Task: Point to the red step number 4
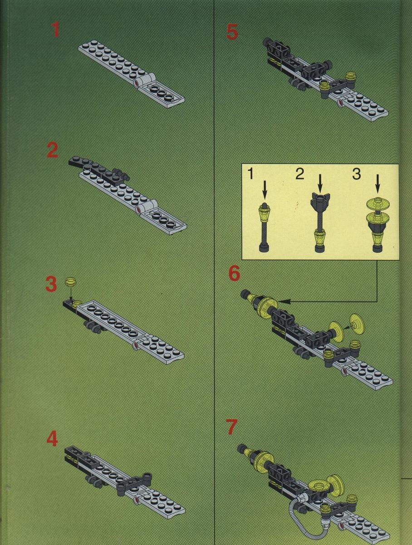click(x=52, y=439)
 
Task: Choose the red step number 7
click(x=233, y=427)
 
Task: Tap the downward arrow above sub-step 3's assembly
click(x=378, y=183)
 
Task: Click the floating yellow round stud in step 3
click(x=71, y=282)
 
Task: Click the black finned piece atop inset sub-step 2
click(x=320, y=202)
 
